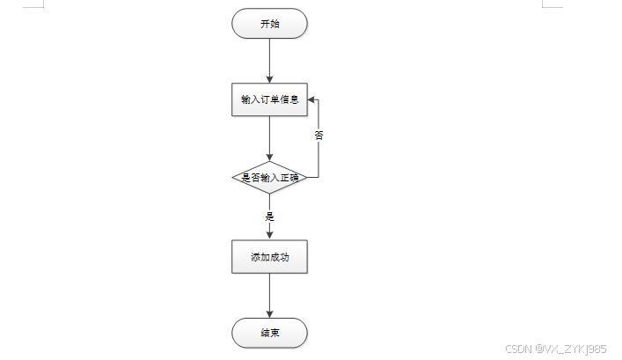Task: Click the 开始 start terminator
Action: point(269,24)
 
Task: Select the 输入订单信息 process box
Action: point(269,99)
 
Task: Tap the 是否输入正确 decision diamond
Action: point(269,177)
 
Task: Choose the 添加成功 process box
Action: point(269,258)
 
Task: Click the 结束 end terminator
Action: point(269,334)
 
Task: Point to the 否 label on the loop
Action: point(318,136)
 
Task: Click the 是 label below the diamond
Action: point(269,216)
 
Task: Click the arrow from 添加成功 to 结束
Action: point(269,296)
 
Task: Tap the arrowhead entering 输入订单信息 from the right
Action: point(311,99)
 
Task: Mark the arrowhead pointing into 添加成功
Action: point(269,235)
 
